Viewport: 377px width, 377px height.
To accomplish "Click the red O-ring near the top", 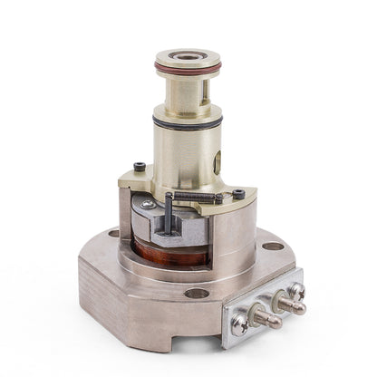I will (x=188, y=69).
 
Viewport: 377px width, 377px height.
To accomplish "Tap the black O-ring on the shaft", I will (x=188, y=123).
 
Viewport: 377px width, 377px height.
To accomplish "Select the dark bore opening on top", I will (x=188, y=55).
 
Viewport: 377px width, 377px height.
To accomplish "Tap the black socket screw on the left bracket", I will (x=139, y=166).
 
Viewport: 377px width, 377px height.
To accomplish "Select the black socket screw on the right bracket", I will (x=238, y=193).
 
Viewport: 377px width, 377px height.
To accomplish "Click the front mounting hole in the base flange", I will (x=197, y=293).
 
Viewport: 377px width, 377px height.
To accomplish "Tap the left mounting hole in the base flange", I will (x=113, y=233).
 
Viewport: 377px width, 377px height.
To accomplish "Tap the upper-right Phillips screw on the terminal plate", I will (x=296, y=290).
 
